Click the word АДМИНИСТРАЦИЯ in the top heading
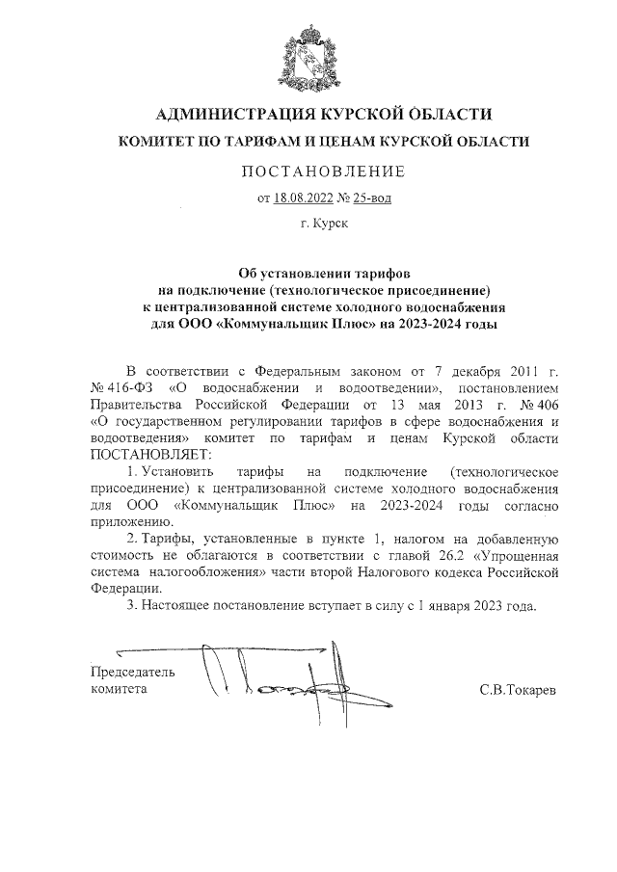tap(223, 115)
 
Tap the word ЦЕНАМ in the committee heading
tap(351, 142)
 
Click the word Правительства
tap(134, 404)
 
